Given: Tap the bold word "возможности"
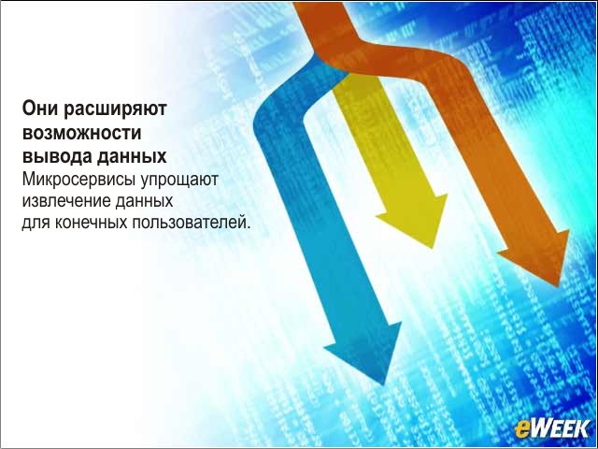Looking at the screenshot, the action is (x=82, y=133).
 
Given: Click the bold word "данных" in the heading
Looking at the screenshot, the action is (x=132, y=157).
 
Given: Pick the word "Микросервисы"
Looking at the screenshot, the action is (x=78, y=181).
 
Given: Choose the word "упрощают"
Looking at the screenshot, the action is (x=179, y=181).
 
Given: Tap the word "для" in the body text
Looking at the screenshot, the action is (x=36, y=223).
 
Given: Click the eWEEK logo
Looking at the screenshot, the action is (x=552, y=428).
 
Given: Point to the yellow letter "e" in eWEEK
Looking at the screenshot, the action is (x=521, y=430).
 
